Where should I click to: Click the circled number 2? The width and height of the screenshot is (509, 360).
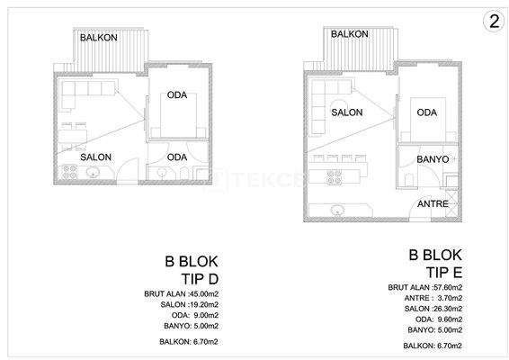point(494,22)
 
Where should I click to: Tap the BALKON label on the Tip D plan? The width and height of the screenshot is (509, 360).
point(99,38)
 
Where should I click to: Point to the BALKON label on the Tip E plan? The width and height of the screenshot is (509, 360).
point(350,34)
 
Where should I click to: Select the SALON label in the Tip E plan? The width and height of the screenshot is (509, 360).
point(347,112)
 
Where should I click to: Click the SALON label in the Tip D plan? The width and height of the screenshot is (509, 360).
point(95,157)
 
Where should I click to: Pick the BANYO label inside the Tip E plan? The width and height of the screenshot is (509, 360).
point(433,159)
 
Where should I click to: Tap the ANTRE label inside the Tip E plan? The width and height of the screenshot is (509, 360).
point(433,204)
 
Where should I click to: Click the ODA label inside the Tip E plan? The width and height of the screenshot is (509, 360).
point(427,112)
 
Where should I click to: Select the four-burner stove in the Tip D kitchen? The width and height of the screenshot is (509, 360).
point(69,172)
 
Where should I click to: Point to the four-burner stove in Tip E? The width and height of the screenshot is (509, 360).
point(334,177)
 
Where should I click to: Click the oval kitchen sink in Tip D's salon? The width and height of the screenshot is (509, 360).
point(94,172)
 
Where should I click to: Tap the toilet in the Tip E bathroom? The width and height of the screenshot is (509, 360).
point(409,180)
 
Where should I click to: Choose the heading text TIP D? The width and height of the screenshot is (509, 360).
point(200,279)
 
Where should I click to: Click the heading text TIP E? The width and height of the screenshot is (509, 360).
point(444,273)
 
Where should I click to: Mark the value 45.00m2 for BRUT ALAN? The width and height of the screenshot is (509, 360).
point(203,294)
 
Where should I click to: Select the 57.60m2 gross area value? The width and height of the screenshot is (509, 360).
point(447,287)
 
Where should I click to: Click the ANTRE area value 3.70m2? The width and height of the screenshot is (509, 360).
point(450,298)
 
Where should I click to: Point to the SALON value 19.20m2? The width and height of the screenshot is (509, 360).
point(203,305)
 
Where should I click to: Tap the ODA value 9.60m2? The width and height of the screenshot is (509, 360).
point(450,319)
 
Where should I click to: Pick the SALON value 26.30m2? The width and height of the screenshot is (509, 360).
point(447,309)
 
